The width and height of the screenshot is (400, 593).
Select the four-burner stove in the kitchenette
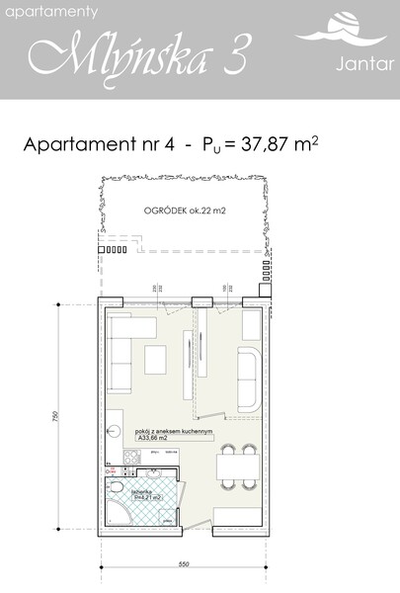click(x=130, y=456)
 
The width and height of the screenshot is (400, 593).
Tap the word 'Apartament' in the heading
click(x=85, y=145)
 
